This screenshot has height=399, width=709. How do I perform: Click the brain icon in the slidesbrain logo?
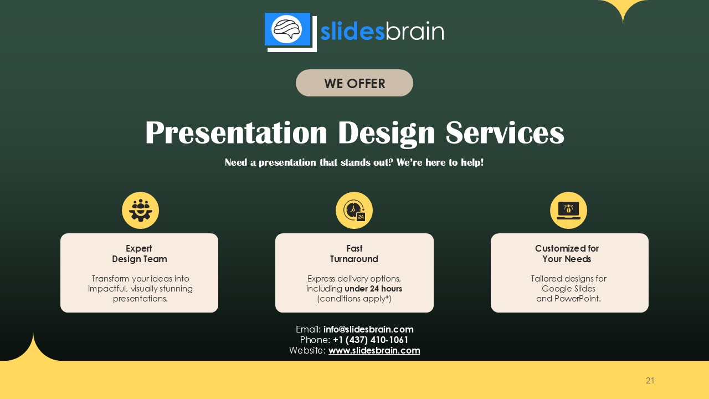tap(287, 29)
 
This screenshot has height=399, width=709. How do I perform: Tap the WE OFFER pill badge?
tap(354, 83)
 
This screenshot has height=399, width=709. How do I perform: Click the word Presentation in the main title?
tap(236, 133)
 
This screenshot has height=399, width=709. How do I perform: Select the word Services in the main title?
tap(505, 133)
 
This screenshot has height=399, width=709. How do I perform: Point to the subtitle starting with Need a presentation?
tap(354, 162)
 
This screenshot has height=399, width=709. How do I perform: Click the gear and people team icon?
tap(140, 211)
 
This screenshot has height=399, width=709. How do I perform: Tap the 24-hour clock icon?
tap(354, 211)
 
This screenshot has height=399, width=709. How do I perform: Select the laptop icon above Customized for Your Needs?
tap(568, 211)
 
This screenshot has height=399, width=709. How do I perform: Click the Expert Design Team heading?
tap(139, 254)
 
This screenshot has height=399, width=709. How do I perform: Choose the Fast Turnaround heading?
tap(354, 254)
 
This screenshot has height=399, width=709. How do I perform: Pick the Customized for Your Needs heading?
tap(567, 254)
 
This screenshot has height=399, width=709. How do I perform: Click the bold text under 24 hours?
tap(373, 289)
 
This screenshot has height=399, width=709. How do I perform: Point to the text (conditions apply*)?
tap(354, 299)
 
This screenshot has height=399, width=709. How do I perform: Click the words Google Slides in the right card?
tap(568, 289)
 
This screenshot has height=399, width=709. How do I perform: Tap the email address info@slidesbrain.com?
tap(368, 329)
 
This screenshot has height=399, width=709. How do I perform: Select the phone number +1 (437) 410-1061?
tap(371, 340)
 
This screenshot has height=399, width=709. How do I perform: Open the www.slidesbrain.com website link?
tap(374, 350)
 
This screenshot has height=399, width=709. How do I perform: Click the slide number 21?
tap(650, 381)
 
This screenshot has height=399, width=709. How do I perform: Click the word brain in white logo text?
tap(414, 32)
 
